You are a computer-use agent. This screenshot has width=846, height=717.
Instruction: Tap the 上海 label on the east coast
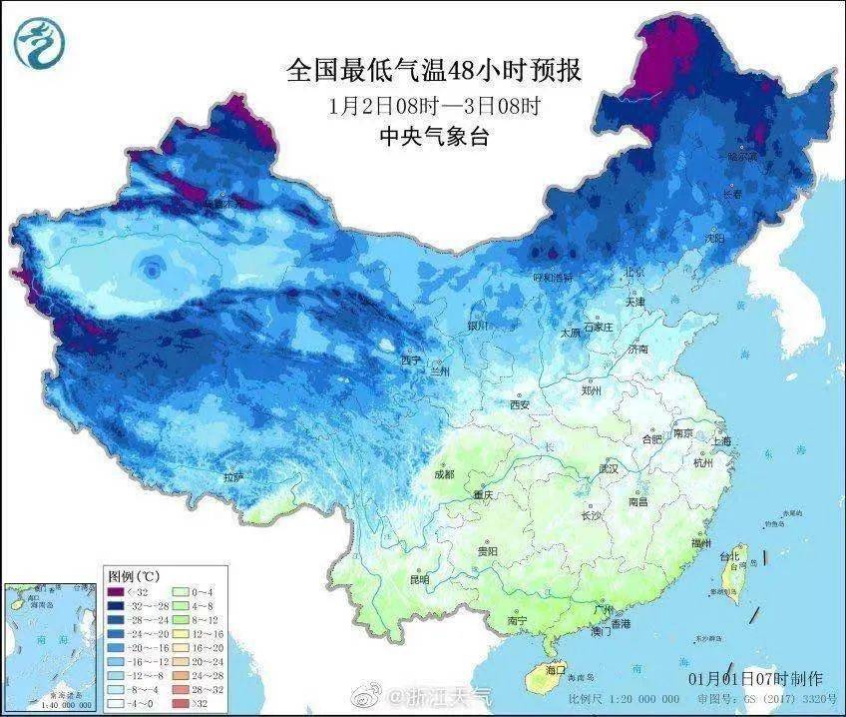[x=720, y=440]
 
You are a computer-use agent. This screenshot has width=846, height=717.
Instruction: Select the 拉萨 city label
[x=233, y=478]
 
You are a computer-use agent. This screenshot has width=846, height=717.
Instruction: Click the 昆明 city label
[x=419, y=579]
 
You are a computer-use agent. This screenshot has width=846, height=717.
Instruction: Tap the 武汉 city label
[x=609, y=468]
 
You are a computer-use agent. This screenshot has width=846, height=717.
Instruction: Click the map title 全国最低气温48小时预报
[x=433, y=71]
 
